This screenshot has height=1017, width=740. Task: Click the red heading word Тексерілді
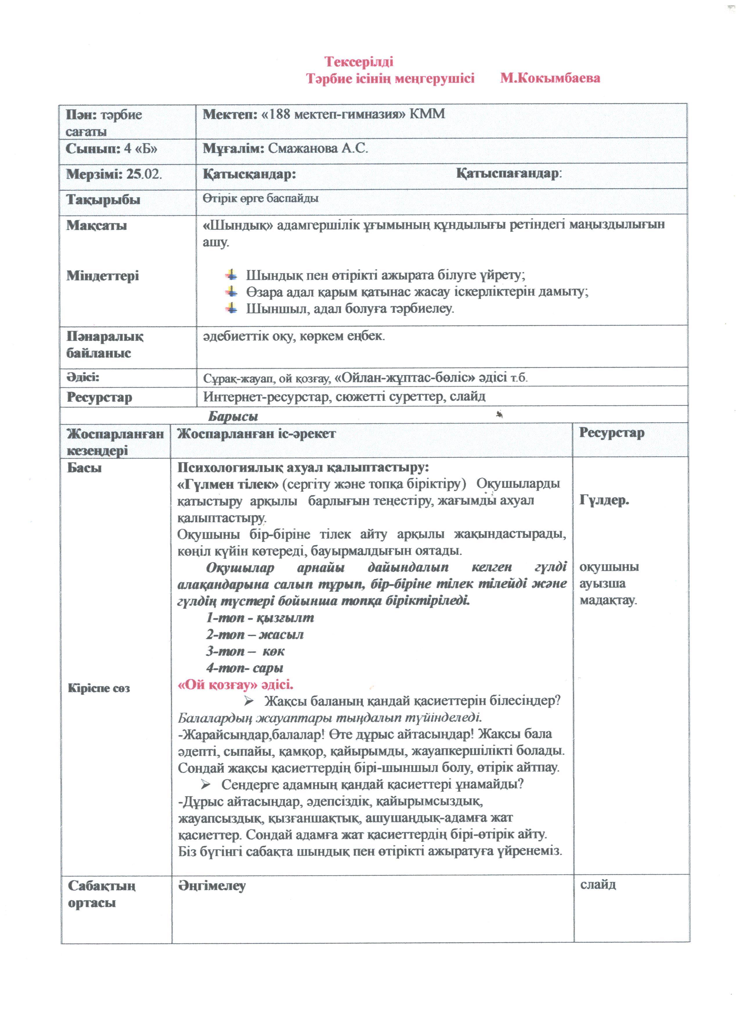tap(359, 61)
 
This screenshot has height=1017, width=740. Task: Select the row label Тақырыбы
tap(103, 200)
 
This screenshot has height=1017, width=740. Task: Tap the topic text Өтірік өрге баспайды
tap(260, 199)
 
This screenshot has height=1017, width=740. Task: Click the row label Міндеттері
tap(103, 275)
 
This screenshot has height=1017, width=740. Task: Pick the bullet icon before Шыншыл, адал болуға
tap(231, 308)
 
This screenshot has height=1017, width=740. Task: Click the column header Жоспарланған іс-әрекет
tap(256, 434)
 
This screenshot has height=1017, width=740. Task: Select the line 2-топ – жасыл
tap(255, 635)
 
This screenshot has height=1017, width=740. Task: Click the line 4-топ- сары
tap(245, 669)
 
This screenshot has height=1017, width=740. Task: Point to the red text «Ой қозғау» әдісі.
tap(236, 685)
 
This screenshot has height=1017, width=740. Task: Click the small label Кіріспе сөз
tap(99, 688)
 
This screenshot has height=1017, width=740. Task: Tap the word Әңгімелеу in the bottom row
tap(212, 886)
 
